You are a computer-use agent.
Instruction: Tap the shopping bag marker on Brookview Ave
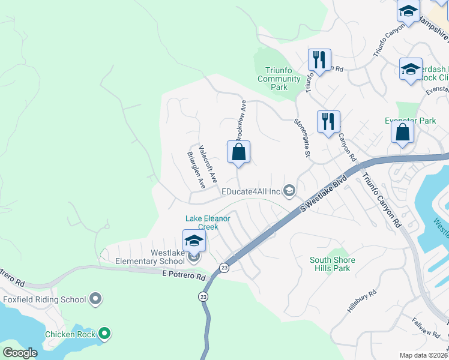point(238,152)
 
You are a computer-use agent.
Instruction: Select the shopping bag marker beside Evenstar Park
point(403,131)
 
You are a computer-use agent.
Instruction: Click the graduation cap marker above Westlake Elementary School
point(194,241)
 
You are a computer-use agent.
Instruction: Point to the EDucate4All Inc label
point(251,191)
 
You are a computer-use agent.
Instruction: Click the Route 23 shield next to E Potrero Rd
point(224,268)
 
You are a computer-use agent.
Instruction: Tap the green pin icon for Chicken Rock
point(104,334)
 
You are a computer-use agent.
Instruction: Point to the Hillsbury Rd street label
point(361,301)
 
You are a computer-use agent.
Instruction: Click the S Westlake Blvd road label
point(324,193)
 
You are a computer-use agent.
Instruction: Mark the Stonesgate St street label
point(301,137)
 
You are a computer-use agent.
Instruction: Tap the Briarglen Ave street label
point(196,170)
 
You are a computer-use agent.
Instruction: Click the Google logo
point(20,352)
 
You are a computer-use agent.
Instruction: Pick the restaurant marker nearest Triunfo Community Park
point(318,60)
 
